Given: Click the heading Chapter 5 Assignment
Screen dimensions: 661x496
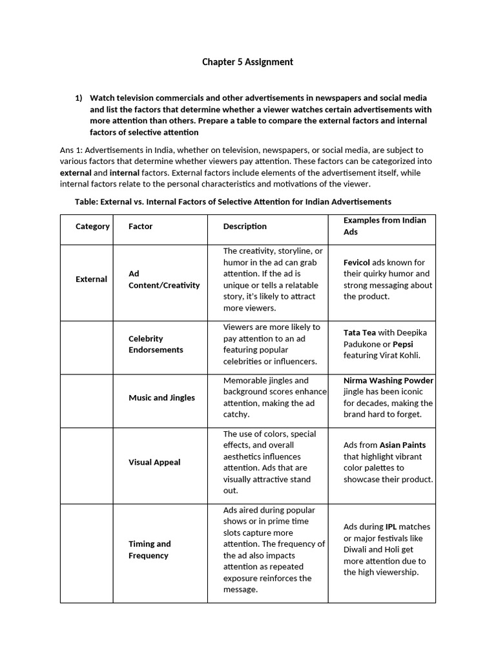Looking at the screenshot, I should coord(247,62).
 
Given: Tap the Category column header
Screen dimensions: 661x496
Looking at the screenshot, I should coord(92,227).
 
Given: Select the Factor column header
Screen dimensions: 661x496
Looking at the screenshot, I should coord(140,227).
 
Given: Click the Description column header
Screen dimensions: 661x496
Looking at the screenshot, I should coord(245,227).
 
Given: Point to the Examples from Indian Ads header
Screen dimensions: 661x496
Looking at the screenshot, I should coord(384,226).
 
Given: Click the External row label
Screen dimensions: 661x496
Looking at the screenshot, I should coord(91,280).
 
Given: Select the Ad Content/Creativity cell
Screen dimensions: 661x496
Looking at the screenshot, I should coord(164,280).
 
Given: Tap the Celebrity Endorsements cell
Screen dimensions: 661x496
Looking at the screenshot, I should coord(156,344).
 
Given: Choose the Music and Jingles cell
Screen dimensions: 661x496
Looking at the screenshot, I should coord(161,398).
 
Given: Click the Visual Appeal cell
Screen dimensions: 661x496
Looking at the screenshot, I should coord(154,462).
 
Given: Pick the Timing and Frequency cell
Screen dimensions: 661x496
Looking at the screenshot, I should coord(149,549).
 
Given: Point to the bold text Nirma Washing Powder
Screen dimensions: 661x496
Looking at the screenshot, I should coord(388,380).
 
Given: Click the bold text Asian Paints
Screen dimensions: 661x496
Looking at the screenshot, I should coord(402,445).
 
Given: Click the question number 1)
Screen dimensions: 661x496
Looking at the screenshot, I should coord(79,98).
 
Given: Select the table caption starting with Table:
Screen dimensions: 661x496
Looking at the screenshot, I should coord(232,201).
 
